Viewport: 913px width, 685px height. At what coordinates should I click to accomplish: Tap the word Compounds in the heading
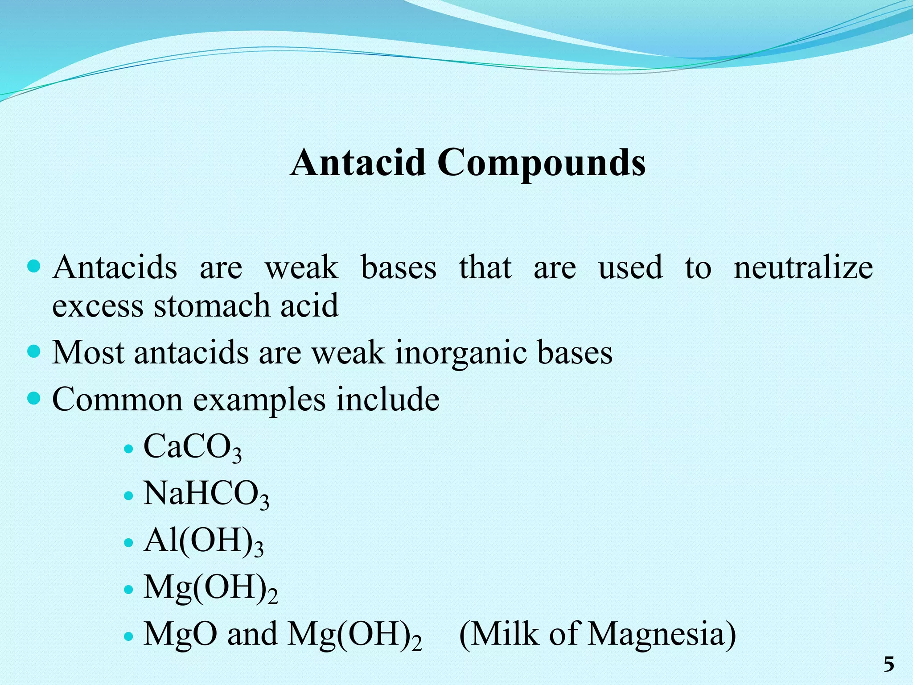(541, 163)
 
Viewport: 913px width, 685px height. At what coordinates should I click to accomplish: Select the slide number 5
(889, 664)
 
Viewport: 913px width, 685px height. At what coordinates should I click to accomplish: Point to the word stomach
(212, 306)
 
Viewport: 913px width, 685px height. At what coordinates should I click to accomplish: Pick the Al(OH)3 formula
(203, 541)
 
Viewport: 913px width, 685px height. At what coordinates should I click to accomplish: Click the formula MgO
(181, 634)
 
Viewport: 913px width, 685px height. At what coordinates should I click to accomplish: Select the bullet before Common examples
(34, 398)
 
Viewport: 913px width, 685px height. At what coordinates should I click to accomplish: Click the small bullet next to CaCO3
(128, 449)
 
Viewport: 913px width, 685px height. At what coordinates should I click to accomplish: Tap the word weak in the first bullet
(302, 268)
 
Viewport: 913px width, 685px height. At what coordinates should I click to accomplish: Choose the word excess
(98, 306)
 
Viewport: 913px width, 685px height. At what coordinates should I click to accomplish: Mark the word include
(387, 399)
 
